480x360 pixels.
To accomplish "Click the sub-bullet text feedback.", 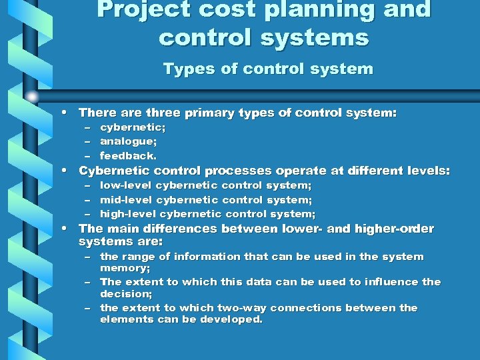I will [x=129, y=156].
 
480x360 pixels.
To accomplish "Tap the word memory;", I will [x=125, y=268].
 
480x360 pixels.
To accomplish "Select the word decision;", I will [x=126, y=293].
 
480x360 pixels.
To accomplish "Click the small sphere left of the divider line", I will [x=32, y=97].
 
